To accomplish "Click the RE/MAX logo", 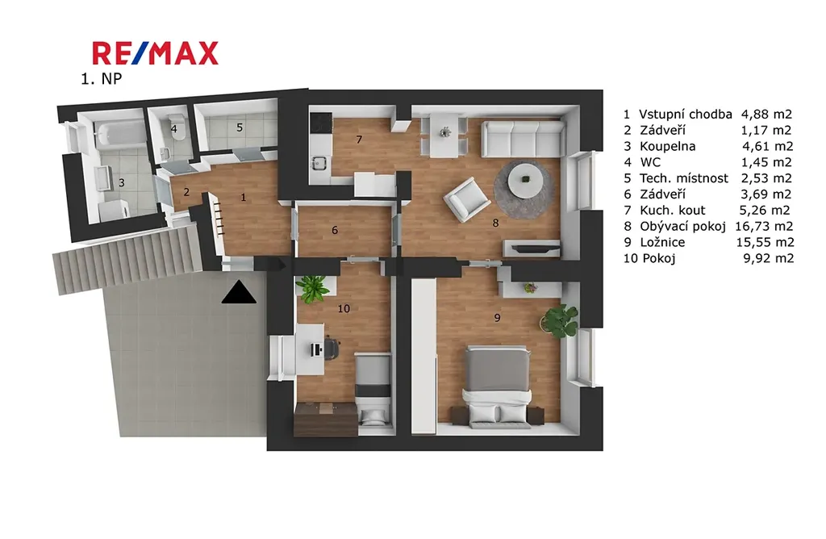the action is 155,53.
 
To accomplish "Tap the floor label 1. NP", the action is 101,79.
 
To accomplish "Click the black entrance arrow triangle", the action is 239,292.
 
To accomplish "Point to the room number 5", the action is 240,127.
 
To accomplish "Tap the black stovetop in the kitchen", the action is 321,123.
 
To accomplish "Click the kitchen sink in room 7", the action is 318,163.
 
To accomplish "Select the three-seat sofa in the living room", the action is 524,139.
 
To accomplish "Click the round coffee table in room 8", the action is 525,180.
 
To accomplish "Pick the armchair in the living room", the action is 465,199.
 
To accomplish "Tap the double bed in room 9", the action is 496,385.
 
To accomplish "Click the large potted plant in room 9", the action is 560,320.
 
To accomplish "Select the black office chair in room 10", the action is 330,348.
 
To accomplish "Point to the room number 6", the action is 335,230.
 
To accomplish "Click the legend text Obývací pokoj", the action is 682,227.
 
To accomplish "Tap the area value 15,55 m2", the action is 765,242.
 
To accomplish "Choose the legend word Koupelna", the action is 667,147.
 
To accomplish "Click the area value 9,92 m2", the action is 768,258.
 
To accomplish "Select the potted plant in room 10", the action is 312,288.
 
